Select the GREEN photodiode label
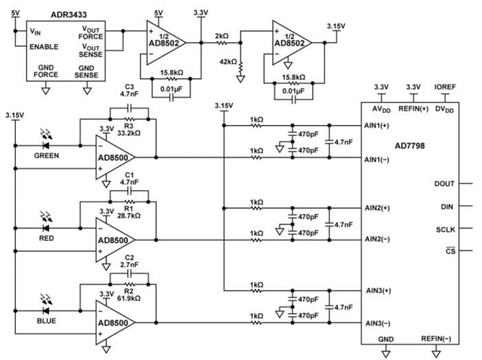click(47, 156)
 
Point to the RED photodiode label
click(47, 237)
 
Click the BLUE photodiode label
click(47, 321)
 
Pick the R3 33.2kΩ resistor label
click(129, 131)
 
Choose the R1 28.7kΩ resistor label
click(129, 211)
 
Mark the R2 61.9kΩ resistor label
click(129, 295)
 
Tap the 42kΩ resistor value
click(227, 62)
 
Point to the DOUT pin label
click(444, 184)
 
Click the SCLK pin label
click(444, 229)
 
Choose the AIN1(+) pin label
click(377, 126)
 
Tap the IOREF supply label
click(443, 87)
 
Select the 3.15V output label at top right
click(336, 25)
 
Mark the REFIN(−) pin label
click(435, 338)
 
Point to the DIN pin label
click(446, 207)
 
